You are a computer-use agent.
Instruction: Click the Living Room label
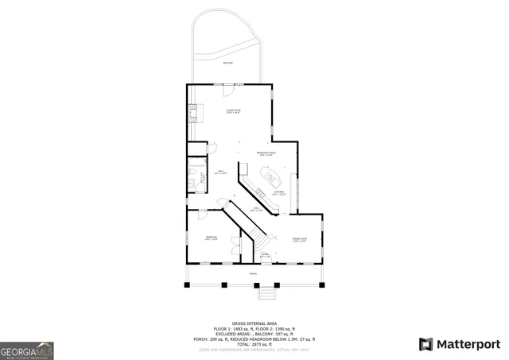233,111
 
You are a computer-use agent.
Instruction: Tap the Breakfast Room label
266,153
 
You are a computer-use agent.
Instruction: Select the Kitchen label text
279,192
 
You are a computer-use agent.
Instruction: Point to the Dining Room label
300,239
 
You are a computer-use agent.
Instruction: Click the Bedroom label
211,238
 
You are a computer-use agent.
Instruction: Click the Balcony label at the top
228,62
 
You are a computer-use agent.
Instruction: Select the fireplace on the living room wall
191,113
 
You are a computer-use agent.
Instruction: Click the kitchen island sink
269,176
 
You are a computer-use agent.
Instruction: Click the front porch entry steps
268,293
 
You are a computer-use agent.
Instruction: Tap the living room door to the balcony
228,84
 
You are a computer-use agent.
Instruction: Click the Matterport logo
460,344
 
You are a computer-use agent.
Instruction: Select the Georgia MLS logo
26,350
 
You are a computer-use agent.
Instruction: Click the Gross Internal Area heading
254,323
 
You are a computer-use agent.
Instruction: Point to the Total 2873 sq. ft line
254,343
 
